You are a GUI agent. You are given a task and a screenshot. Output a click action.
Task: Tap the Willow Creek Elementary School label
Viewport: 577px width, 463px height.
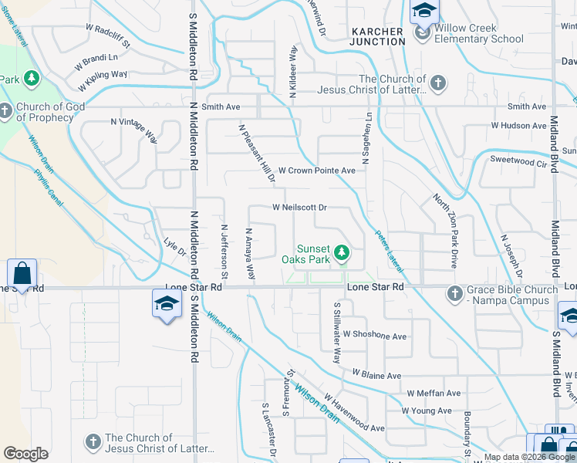pyautogui.click(x=478, y=33)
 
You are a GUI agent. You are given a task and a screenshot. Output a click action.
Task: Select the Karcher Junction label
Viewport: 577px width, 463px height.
pyautogui.click(x=377, y=36)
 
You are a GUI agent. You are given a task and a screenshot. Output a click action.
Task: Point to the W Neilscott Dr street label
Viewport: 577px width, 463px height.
pyautogui.click(x=300, y=208)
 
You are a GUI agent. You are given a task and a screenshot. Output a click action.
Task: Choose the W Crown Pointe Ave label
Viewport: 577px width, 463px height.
pyautogui.click(x=316, y=170)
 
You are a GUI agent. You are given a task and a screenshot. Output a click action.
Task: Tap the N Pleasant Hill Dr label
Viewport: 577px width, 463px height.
pyautogui.click(x=257, y=154)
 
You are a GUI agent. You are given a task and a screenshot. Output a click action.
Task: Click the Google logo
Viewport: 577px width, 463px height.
pyautogui.click(x=25, y=453)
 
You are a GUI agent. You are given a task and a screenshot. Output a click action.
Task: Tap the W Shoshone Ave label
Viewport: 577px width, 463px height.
pyautogui.click(x=375, y=336)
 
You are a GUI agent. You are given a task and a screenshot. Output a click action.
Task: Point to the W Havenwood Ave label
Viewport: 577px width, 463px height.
pyautogui.click(x=354, y=413)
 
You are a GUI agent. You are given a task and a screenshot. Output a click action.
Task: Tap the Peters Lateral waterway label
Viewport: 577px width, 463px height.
pyautogui.click(x=389, y=251)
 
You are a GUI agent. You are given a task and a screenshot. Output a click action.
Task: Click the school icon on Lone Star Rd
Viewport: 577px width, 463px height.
pyautogui.click(x=165, y=304)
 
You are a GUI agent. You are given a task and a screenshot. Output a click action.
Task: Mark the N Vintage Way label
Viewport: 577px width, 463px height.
pyautogui.click(x=134, y=130)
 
